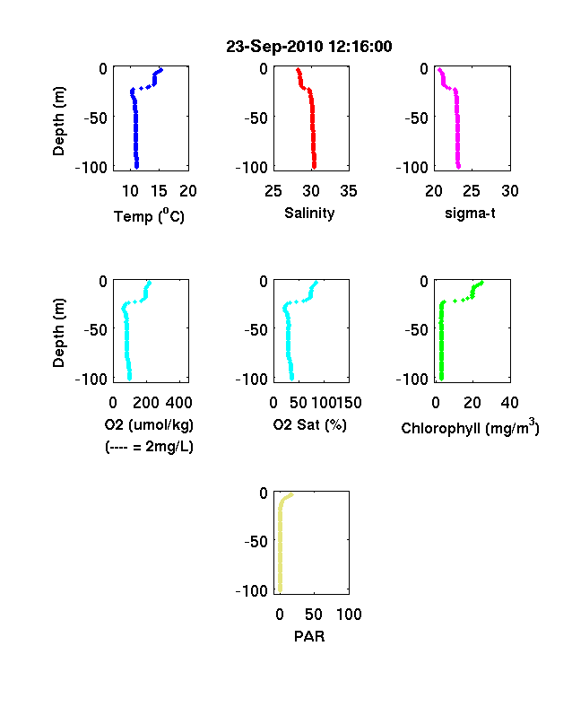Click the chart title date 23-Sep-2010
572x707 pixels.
point(274,47)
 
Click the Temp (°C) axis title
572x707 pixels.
point(149,216)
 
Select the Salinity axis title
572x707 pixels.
point(309,214)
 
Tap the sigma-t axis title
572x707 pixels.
point(470,213)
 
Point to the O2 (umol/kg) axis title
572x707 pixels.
point(149,424)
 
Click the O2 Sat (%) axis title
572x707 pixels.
point(309,424)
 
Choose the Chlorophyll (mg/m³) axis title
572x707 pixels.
point(470,427)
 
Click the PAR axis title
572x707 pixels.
point(309,636)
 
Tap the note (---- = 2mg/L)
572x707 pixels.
point(149,447)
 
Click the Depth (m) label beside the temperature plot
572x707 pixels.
point(58,121)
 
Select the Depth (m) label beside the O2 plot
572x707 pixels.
point(58,333)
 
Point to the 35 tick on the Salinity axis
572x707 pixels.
point(349,191)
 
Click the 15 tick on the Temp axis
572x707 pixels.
point(159,191)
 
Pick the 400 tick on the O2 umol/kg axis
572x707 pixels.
point(178,403)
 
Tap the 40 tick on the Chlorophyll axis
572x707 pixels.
point(509,403)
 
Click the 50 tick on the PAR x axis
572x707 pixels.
point(314,614)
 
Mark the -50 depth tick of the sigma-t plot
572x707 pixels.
point(416,118)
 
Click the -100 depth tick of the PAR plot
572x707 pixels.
point(252,590)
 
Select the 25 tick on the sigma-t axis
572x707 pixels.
point(471,191)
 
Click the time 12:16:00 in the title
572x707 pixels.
point(360,47)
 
